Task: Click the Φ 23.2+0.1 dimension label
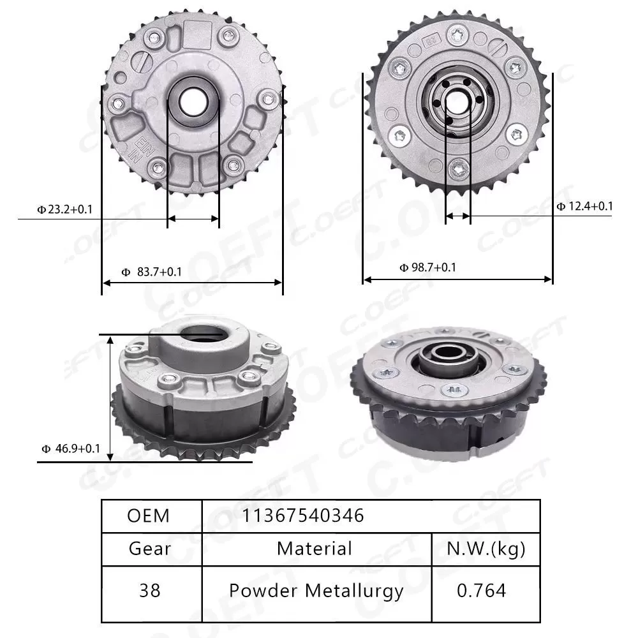[64, 209]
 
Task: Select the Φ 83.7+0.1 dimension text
[151, 272]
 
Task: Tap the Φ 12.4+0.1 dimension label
[584, 205]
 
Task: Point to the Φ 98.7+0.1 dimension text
[427, 267]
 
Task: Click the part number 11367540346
[303, 516]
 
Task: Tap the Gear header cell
[149, 549]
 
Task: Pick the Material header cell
[315, 549]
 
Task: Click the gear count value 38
[149, 591]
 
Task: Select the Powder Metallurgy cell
[316, 591]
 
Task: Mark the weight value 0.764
[482, 591]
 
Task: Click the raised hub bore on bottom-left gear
[202, 333]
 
